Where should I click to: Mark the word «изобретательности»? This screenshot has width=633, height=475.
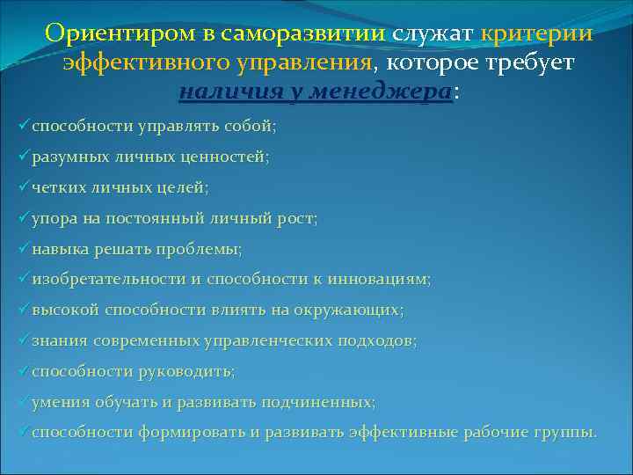[x=106, y=280]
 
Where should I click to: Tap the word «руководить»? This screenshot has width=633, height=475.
[x=186, y=371]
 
